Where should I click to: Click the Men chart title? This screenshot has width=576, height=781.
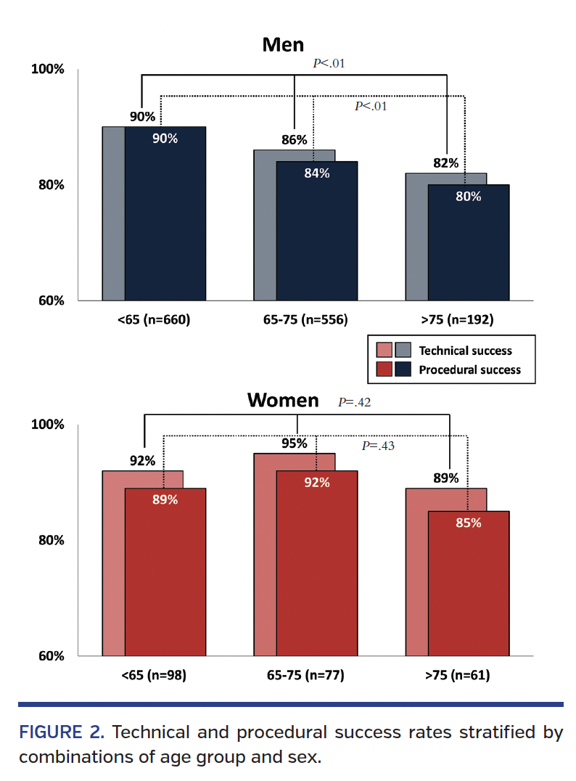point(283,45)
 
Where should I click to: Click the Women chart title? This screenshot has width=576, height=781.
point(283,400)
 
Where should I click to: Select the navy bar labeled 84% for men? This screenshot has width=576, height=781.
point(317,232)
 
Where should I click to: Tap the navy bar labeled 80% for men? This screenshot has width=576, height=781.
point(469,243)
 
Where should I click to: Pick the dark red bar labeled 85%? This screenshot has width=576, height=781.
point(469,584)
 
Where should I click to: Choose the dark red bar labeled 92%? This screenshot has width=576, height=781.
point(317,566)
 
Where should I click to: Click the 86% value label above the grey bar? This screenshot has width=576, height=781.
point(294,140)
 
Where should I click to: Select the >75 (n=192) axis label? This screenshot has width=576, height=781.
point(457,319)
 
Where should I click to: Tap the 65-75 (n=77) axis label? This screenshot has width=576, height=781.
point(305,675)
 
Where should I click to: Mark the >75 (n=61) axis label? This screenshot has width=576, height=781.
point(457,675)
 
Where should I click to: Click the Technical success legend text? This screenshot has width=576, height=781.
point(465,351)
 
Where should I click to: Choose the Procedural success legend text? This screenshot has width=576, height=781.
point(469,369)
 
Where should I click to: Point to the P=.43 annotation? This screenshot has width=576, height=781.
point(378,446)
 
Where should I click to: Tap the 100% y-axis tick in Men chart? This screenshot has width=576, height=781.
point(48,69)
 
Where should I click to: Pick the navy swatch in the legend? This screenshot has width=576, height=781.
point(403,369)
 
